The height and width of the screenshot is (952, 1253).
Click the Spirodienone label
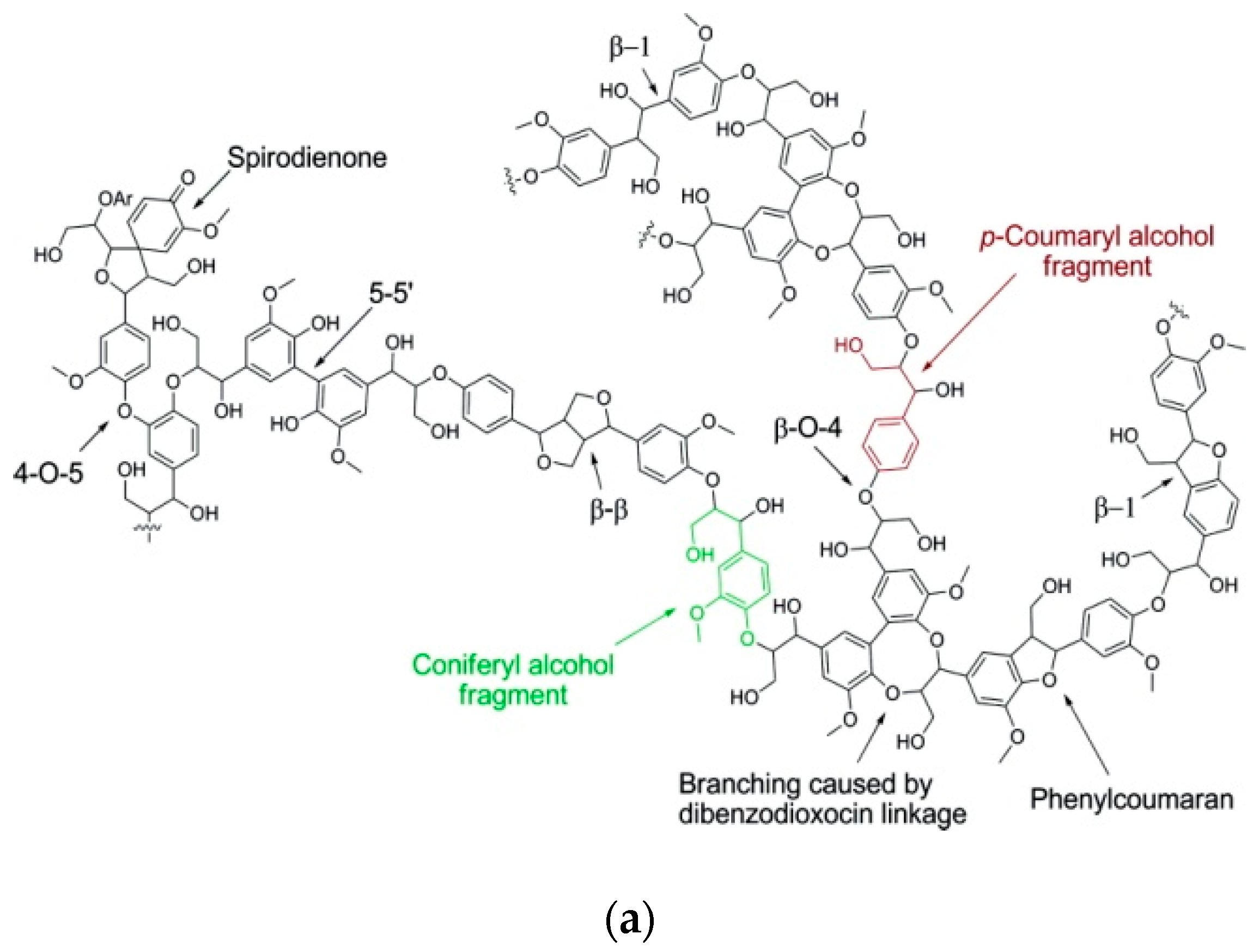(x=307, y=157)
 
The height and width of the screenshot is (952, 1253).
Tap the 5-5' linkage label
(x=391, y=294)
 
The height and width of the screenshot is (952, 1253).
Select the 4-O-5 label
(x=47, y=472)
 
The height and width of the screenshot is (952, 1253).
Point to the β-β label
(x=609, y=510)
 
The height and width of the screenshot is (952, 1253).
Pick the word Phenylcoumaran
(x=1131, y=799)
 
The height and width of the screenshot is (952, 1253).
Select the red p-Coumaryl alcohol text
(x=1097, y=237)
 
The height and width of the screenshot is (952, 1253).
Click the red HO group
(x=848, y=345)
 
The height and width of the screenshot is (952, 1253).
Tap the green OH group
(x=700, y=554)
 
